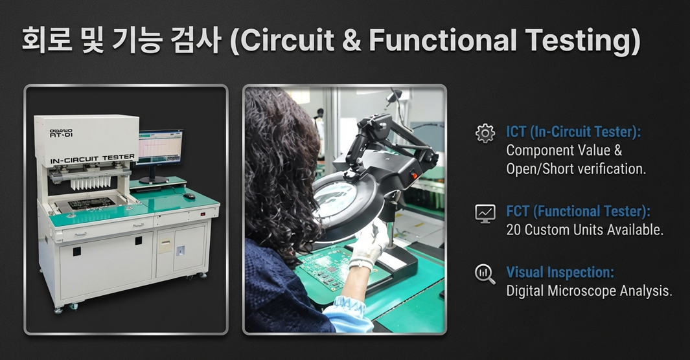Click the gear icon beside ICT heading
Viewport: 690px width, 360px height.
click(x=485, y=133)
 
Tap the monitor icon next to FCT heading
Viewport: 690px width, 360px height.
click(x=485, y=214)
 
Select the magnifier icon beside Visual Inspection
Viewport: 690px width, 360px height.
click(x=485, y=274)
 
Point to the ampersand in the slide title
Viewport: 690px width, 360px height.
click(x=351, y=40)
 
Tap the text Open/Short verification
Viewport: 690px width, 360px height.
click(x=576, y=169)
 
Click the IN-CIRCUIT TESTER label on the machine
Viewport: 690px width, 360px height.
click(x=93, y=159)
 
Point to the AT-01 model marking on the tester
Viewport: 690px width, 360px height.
click(x=61, y=135)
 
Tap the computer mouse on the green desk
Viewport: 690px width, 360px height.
click(x=190, y=196)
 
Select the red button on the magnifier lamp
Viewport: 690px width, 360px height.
click(x=414, y=175)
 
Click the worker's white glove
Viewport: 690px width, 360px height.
click(x=369, y=244)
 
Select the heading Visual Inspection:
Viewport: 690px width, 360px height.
click(x=560, y=273)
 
